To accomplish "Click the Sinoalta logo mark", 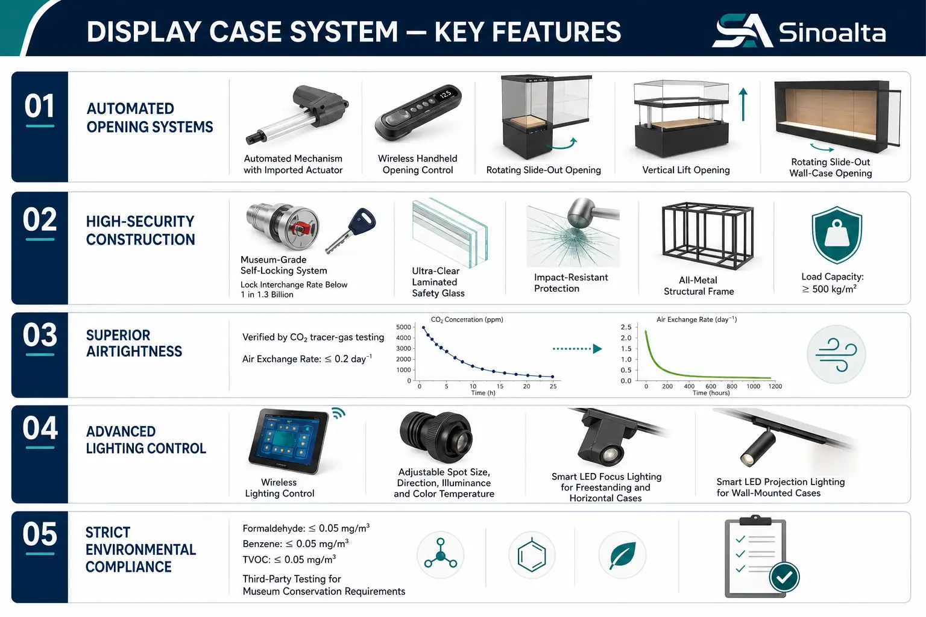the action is pyautogui.click(x=742, y=31).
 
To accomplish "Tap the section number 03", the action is pyautogui.click(x=40, y=335).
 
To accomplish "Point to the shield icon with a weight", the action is pyautogui.click(x=837, y=235).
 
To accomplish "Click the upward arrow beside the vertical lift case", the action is pyautogui.click(x=743, y=104).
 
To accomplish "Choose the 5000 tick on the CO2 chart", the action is pyautogui.click(x=403, y=327).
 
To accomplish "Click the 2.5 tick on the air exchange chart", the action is pyautogui.click(x=626, y=327).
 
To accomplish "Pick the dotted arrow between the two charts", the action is pyautogui.click(x=577, y=349).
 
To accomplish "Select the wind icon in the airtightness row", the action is pyautogui.click(x=836, y=354).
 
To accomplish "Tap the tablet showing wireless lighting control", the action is pyautogui.click(x=288, y=441).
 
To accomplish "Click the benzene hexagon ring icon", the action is pyautogui.click(x=532, y=555).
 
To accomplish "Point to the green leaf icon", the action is pyautogui.click(x=623, y=555).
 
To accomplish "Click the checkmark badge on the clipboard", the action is pyautogui.click(x=784, y=577).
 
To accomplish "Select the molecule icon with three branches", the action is pyautogui.click(x=441, y=553).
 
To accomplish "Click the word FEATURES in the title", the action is pyautogui.click(x=528, y=32).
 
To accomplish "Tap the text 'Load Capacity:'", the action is pyautogui.click(x=833, y=277).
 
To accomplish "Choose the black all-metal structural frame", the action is pyautogui.click(x=707, y=236).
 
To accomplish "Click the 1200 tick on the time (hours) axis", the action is pyautogui.click(x=775, y=386).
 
